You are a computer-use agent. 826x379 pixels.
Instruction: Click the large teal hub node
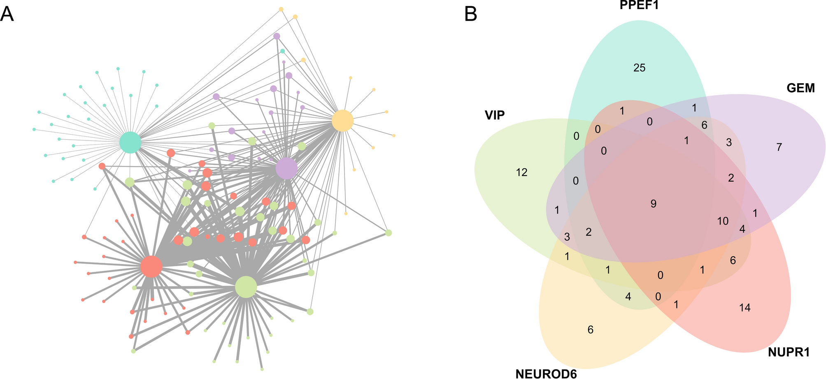[x=130, y=143]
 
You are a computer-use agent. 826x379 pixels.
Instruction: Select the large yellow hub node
[x=342, y=121]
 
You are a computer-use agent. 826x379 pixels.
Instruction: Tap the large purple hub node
[x=286, y=168]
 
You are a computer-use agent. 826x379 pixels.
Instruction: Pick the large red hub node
[x=151, y=266]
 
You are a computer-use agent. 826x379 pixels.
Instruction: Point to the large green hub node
[x=246, y=287]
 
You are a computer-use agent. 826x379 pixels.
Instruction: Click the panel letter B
[x=470, y=15]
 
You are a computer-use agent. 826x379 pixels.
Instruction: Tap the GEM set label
[x=800, y=88]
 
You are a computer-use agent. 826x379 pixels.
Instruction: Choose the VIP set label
[x=494, y=115]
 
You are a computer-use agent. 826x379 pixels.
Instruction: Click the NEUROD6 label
[x=546, y=373]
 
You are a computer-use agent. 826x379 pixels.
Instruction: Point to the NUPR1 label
[x=789, y=352]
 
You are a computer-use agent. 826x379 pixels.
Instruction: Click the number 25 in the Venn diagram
[x=639, y=68]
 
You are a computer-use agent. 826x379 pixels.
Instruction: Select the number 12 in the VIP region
[x=521, y=173]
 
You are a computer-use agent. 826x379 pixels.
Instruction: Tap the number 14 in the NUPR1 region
[x=745, y=307]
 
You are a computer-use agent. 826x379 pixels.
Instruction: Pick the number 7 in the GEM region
[x=779, y=147]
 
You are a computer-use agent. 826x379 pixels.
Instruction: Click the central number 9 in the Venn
[x=653, y=204]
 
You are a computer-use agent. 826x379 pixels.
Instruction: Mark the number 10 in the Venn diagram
[x=723, y=221]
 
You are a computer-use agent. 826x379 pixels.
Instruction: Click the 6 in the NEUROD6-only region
[x=590, y=330]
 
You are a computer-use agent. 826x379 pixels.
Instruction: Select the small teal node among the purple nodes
[x=282, y=51]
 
